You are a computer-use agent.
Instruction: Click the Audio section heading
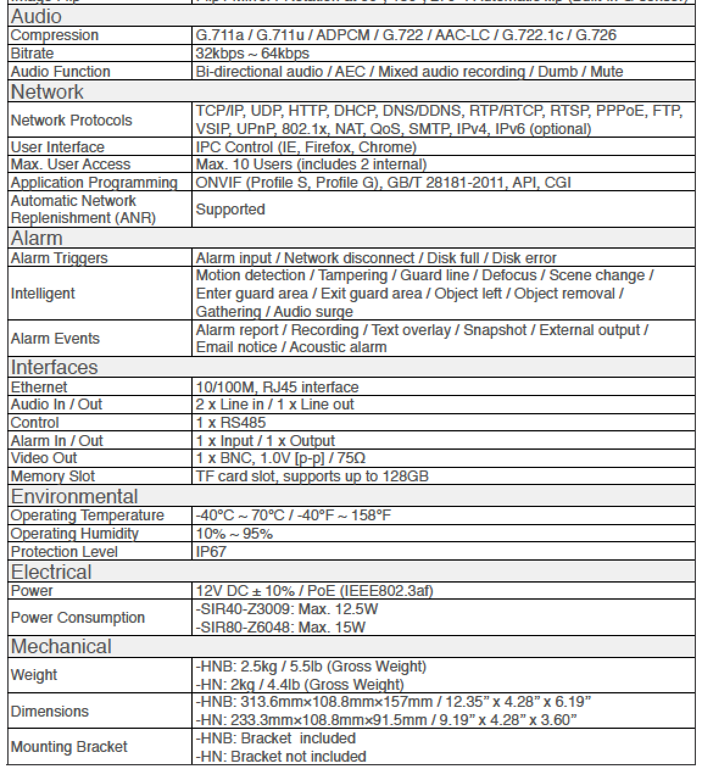tap(37, 16)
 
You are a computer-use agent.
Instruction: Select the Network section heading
tap(48, 92)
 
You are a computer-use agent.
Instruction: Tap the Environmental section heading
tap(74, 496)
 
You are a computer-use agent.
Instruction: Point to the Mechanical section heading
tap(61, 646)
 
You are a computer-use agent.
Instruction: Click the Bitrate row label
tap(32, 54)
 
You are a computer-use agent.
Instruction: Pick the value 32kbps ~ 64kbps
tap(252, 54)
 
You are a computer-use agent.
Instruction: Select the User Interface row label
tap(57, 147)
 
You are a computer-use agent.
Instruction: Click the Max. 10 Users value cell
tap(311, 165)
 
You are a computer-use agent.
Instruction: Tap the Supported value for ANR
tap(230, 210)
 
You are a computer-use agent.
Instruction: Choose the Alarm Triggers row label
tap(59, 258)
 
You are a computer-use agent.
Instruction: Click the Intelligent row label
tap(43, 294)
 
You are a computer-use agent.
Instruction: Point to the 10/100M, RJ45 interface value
tap(277, 387)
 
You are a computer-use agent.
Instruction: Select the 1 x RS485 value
tap(231, 422)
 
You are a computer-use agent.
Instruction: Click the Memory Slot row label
tap(53, 476)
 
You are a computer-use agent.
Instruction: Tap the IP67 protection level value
tap(212, 552)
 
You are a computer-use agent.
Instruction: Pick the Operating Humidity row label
tap(75, 534)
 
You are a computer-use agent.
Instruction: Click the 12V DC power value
tap(314, 590)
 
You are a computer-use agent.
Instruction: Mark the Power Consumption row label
tap(78, 618)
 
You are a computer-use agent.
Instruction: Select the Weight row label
tap(34, 675)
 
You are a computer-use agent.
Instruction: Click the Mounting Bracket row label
tap(69, 747)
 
